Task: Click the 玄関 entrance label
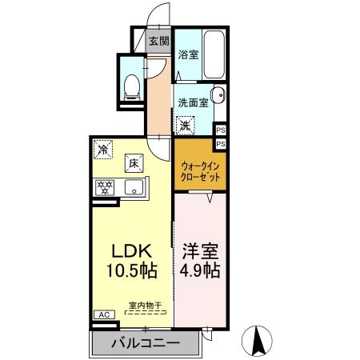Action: click(x=158, y=41)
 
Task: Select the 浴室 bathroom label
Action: click(x=188, y=55)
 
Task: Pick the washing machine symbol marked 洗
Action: click(x=185, y=125)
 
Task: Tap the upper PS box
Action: click(x=220, y=129)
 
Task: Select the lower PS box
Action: click(x=220, y=142)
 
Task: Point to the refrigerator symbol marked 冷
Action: click(x=103, y=148)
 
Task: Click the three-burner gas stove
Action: click(x=105, y=189)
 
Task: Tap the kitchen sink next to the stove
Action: click(x=134, y=189)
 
